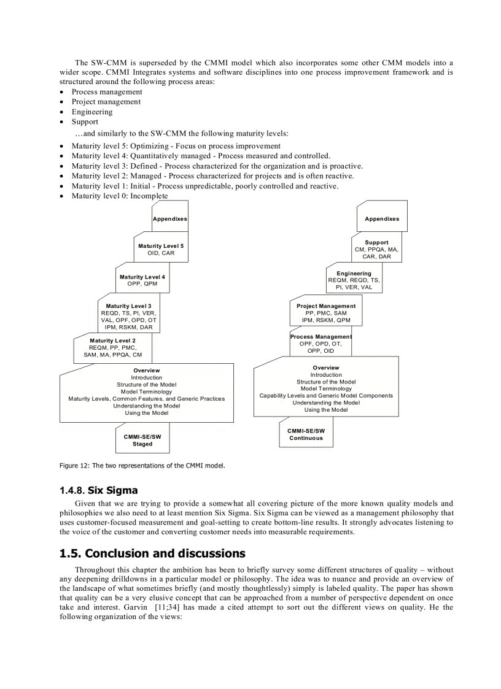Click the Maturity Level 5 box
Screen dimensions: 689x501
click(161, 249)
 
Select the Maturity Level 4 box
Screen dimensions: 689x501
click(142, 280)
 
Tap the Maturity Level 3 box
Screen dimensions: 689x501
click(129, 316)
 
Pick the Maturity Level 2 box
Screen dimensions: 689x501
click(113, 347)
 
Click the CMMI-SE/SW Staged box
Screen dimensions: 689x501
click(142, 440)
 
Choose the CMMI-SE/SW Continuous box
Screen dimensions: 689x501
click(306, 434)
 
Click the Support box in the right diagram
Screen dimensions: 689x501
click(376, 249)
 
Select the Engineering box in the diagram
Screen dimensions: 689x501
click(354, 280)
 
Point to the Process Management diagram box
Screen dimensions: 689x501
click(321, 344)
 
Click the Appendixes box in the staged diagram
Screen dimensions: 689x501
click(170, 218)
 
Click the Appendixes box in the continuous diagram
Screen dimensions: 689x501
click(382, 218)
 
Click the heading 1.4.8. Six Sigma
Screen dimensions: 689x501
click(99, 490)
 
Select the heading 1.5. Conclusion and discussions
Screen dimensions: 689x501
click(152, 554)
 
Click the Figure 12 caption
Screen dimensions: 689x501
click(142, 466)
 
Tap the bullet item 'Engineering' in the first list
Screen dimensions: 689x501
click(92, 112)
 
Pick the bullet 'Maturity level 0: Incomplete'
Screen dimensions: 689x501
click(119, 196)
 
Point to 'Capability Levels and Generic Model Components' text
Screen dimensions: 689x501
click(326, 396)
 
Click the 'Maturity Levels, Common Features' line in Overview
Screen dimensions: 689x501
click(146, 399)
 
